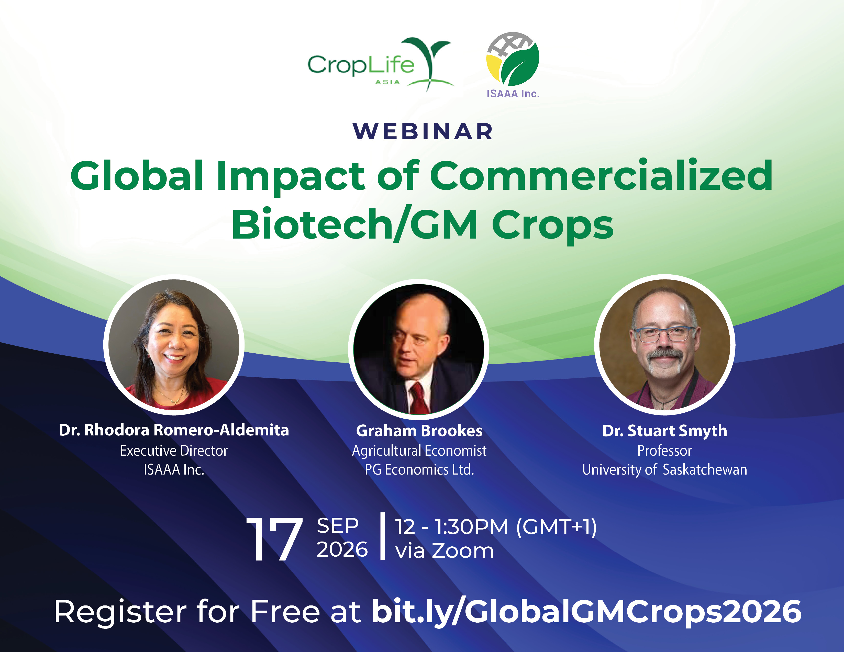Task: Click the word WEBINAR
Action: click(x=423, y=131)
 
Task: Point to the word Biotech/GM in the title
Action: click(x=355, y=224)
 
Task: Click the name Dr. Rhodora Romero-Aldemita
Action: click(x=174, y=430)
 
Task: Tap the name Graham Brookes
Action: click(x=419, y=431)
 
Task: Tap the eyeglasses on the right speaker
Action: click(x=664, y=334)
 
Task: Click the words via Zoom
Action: click(x=445, y=550)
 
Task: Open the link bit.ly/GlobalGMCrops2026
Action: click(x=587, y=612)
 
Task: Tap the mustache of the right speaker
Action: click(x=664, y=354)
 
